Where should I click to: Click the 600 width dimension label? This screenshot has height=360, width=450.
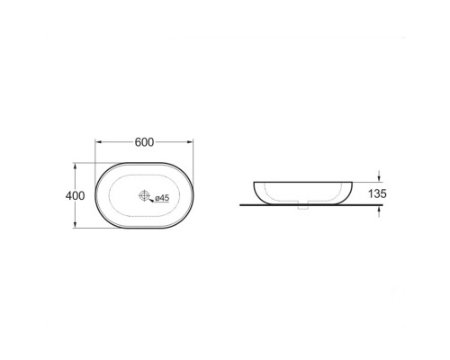pyautogui.click(x=144, y=142)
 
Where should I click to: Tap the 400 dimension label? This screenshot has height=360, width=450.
pyautogui.click(x=75, y=196)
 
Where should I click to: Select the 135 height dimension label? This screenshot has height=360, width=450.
pyautogui.click(x=377, y=193)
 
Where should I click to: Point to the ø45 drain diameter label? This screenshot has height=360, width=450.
pyautogui.click(x=162, y=198)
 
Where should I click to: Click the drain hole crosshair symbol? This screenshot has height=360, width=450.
pyautogui.click(x=144, y=195)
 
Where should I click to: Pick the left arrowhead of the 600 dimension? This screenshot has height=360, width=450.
pyautogui.click(x=99, y=142)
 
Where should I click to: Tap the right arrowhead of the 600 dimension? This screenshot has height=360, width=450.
pyautogui.click(x=189, y=142)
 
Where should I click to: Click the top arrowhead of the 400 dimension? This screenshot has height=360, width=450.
pyautogui.click(x=75, y=167)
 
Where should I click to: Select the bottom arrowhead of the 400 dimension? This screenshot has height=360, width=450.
pyautogui.click(x=75, y=223)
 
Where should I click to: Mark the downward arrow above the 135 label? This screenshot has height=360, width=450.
pyautogui.click(x=379, y=176)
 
